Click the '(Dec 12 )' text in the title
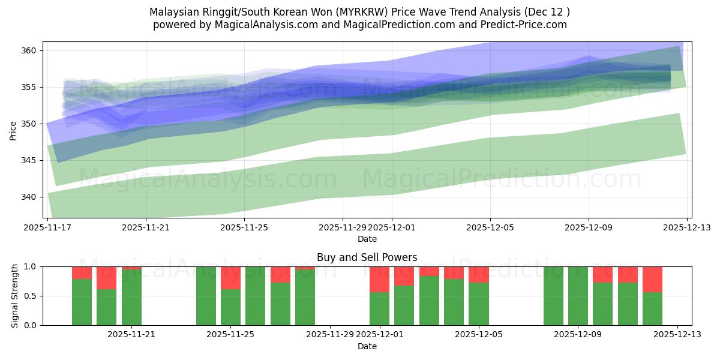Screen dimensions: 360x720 (547, 12)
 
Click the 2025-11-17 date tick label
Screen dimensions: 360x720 (47, 227)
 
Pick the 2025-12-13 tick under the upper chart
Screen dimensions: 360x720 (687, 227)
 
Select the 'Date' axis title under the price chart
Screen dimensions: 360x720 (367, 239)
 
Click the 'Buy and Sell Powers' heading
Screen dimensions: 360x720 (367, 257)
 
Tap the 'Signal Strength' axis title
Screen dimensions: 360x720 (15, 296)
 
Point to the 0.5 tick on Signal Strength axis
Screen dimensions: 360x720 (31, 296)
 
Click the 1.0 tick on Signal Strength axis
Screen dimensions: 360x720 (31, 266)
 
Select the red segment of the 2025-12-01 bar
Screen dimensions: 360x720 (379, 279)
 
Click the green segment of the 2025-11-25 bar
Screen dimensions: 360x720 (230, 307)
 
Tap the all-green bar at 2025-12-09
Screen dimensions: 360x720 (578, 296)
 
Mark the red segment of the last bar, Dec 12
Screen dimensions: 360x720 (652, 279)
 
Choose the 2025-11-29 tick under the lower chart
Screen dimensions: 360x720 (330, 334)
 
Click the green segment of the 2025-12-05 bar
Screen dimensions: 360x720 (478, 304)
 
